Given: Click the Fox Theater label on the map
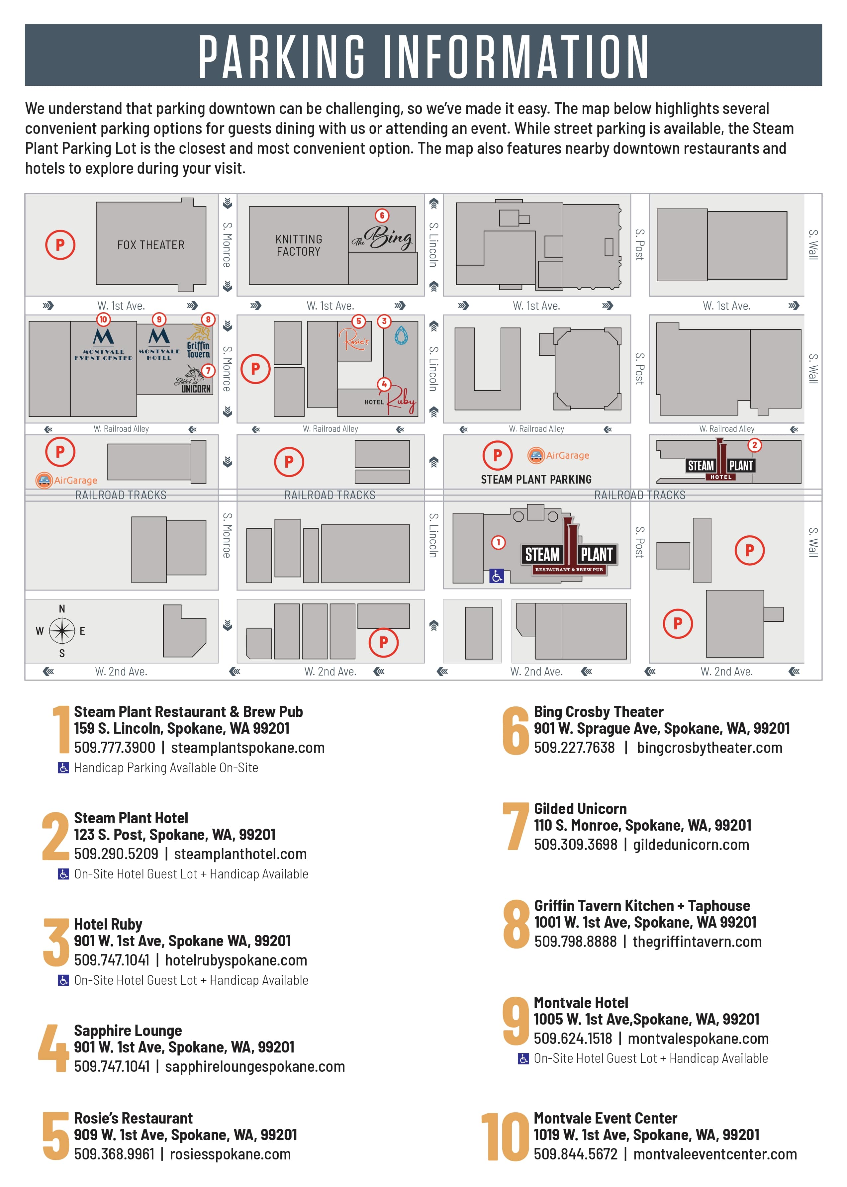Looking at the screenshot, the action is (151, 245).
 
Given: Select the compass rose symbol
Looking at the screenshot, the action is (62, 630).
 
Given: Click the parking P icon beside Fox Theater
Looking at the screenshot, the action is (60, 244).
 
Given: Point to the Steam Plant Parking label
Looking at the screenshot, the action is (536, 479).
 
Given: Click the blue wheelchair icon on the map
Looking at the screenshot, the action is (497, 576).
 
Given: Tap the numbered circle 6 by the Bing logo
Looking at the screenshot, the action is (382, 216).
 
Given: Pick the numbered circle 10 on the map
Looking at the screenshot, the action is (103, 319).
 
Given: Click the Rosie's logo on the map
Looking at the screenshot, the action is (355, 340).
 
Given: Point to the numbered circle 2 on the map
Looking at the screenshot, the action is (754, 445).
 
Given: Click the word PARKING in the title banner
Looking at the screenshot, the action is (282, 56).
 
